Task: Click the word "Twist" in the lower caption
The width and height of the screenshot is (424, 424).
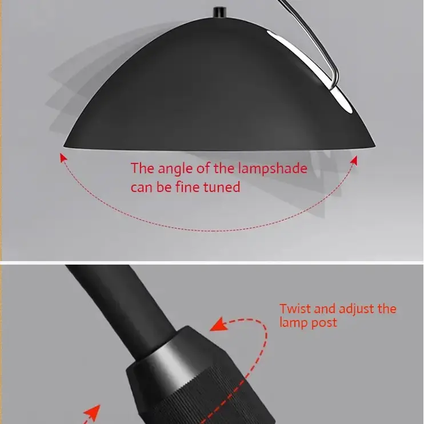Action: (x=295, y=309)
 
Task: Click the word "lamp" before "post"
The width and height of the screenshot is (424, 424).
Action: (x=293, y=323)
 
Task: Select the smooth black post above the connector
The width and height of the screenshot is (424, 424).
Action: (x=126, y=309)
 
